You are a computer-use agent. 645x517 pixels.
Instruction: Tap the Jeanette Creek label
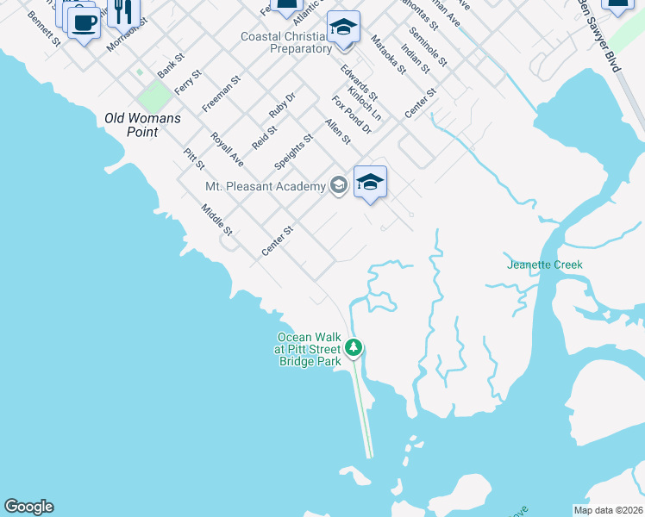(545, 265)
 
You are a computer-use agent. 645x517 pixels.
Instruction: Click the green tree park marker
(353, 348)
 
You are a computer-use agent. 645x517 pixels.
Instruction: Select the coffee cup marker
(84, 24)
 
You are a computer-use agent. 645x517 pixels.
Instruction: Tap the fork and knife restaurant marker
(123, 11)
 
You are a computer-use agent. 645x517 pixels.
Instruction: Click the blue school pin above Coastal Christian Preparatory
(343, 28)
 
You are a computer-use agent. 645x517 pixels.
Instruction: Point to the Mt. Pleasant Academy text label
(264, 185)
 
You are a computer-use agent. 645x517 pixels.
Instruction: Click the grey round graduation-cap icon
(338, 185)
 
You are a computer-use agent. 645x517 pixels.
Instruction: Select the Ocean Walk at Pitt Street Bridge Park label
(308, 350)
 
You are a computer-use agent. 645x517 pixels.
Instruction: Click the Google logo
(28, 507)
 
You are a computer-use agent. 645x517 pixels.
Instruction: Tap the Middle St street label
(217, 220)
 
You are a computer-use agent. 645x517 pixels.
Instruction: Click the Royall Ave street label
(228, 149)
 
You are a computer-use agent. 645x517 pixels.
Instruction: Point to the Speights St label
(292, 151)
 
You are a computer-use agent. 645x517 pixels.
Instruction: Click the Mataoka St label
(387, 54)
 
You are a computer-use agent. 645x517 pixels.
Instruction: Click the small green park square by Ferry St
(156, 96)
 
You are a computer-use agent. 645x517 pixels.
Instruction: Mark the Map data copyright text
(609, 509)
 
